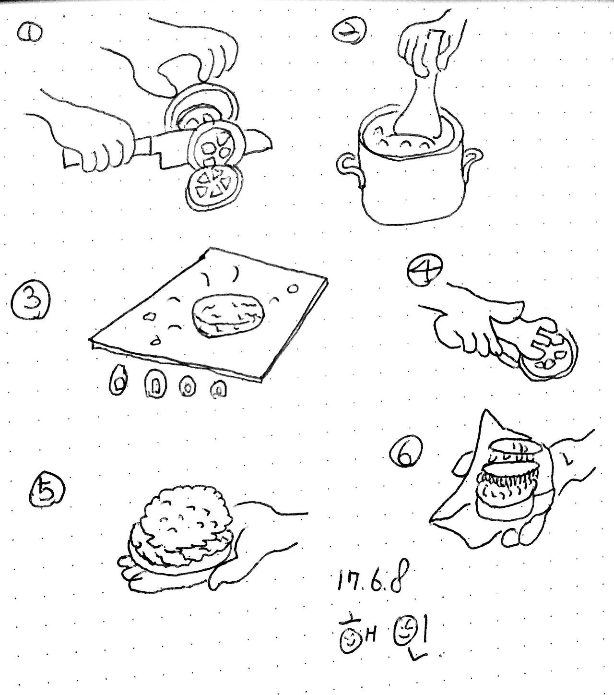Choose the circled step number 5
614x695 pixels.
(x=47, y=494)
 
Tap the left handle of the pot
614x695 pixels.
(x=349, y=164)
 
